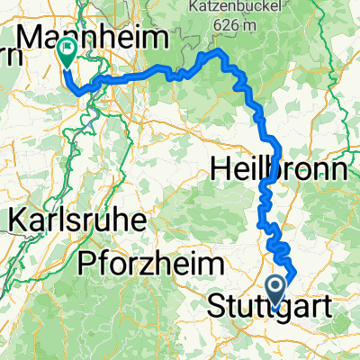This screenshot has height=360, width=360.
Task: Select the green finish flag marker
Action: pos(67,52)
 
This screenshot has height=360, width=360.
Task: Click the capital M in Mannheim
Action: pos(31,39)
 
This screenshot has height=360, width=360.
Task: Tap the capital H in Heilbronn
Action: pos(220,168)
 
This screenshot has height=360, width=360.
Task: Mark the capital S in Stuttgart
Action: pos(219,306)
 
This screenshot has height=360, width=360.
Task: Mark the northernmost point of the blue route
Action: pos(216,53)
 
